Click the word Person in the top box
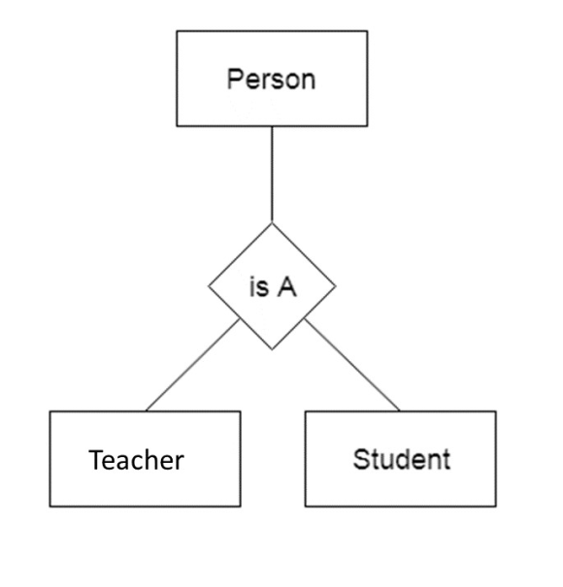pos(271,80)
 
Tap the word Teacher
pos(136,460)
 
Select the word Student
pos(402,459)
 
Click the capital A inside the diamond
pos(287,287)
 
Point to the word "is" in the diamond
pos(259,287)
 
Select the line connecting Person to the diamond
pos(272,175)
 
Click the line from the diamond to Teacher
pos(192,365)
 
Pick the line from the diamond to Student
pos(352,365)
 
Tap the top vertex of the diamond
pos(272,223)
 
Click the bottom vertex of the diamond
pos(272,349)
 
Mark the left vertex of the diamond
pos(209,286)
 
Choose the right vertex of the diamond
pos(336,286)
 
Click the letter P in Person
pos(235,79)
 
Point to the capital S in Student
pos(361,459)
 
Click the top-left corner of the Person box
pos(177,31)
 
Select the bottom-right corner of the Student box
pos(496,506)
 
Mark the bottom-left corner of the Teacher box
pos(50,506)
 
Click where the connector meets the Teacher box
pos(146,411)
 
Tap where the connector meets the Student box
pos(400,411)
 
